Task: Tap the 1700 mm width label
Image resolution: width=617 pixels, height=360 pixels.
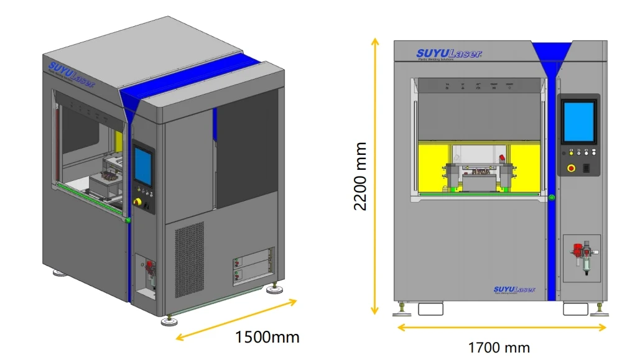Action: coord(499,347)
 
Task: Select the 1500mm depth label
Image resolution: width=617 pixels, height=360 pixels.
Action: coord(267,338)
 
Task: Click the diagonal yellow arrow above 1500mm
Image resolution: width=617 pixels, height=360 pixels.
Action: coord(236,320)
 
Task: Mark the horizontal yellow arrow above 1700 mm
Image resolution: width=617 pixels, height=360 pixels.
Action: coord(501,327)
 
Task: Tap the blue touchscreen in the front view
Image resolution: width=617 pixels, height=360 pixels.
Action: coord(578,122)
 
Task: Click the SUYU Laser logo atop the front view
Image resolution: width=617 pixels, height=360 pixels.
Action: coord(448,54)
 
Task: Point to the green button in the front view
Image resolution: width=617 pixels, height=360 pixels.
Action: coord(551,198)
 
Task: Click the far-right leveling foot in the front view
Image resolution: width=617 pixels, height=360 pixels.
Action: coord(599,309)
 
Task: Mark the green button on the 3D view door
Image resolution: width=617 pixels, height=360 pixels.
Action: coord(128,219)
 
